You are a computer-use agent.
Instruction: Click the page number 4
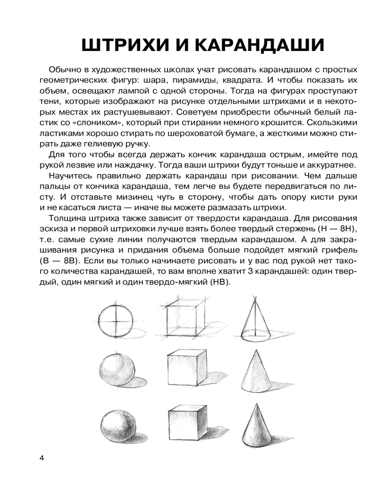(42, 458)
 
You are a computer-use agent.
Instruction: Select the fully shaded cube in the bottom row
(188, 423)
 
